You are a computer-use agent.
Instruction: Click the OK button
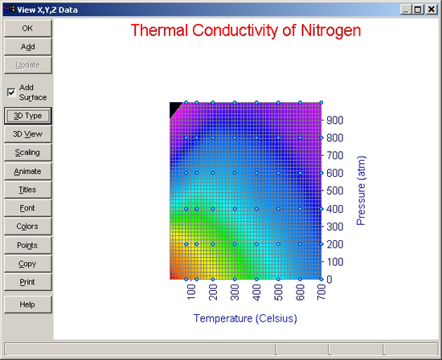coord(28,28)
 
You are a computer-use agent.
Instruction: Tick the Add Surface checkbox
coord(11,92)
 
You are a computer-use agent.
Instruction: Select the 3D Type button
coord(28,116)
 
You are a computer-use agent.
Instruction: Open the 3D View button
coord(28,134)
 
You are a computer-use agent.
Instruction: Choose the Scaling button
coord(28,153)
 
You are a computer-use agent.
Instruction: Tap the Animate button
coord(28,171)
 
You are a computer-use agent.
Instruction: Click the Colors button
coord(28,227)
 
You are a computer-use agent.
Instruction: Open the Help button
coord(28,305)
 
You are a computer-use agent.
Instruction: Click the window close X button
coord(432,10)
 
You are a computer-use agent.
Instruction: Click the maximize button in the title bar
coord(418,10)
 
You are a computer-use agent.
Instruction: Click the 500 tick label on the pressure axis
coord(335,191)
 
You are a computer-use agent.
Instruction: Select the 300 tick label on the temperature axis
coord(235,292)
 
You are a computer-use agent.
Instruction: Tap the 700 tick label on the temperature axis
coord(321,292)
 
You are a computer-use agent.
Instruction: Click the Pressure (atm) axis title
coord(361,190)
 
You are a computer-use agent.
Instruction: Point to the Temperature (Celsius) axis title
coord(245,318)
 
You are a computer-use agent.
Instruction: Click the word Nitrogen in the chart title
coord(331,31)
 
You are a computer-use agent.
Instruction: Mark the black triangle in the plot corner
coord(174,108)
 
